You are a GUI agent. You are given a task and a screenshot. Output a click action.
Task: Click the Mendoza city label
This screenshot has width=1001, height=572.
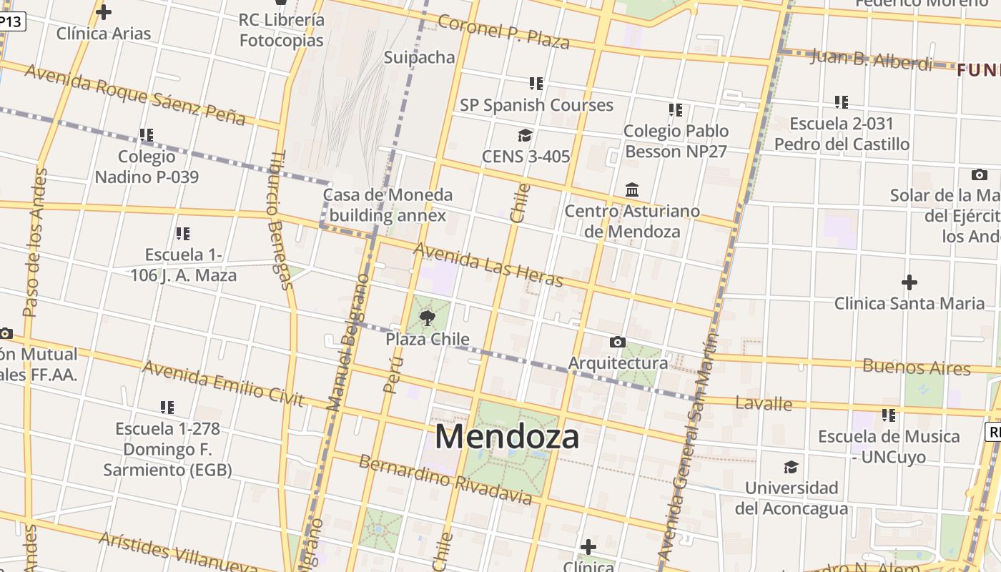[x=507, y=436]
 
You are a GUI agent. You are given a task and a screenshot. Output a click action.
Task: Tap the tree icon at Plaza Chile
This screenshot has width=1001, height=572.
[x=428, y=317]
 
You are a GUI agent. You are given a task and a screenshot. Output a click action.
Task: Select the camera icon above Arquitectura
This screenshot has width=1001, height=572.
[x=618, y=342]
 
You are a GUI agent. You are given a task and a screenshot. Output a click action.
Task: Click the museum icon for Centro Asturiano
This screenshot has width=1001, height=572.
[x=632, y=190]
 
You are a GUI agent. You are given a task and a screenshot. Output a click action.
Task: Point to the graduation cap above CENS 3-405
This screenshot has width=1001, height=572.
[x=526, y=135]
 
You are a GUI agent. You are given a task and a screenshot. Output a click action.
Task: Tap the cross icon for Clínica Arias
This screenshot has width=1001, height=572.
[x=104, y=12]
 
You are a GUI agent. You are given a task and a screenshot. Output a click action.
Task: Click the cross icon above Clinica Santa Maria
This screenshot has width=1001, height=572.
[x=909, y=282]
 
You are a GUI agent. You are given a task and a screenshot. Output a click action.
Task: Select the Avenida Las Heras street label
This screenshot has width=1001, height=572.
[x=488, y=265]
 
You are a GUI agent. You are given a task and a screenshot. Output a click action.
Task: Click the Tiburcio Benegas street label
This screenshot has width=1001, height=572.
[x=280, y=220]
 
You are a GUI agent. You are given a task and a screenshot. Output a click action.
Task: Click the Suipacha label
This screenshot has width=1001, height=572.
[x=420, y=57]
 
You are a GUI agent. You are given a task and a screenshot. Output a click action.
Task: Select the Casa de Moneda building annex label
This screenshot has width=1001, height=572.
[x=388, y=204]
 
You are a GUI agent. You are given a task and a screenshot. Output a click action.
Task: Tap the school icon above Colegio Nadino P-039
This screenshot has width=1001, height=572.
[x=147, y=135]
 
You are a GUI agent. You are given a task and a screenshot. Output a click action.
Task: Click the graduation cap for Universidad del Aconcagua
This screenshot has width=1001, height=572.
[x=791, y=467]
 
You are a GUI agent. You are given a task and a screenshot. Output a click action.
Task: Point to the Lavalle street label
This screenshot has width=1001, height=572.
[x=764, y=403]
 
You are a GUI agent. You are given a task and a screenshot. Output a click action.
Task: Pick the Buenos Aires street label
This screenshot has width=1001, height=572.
[x=917, y=368]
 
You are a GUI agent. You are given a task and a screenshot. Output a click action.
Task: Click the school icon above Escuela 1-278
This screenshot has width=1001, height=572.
[x=167, y=408]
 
